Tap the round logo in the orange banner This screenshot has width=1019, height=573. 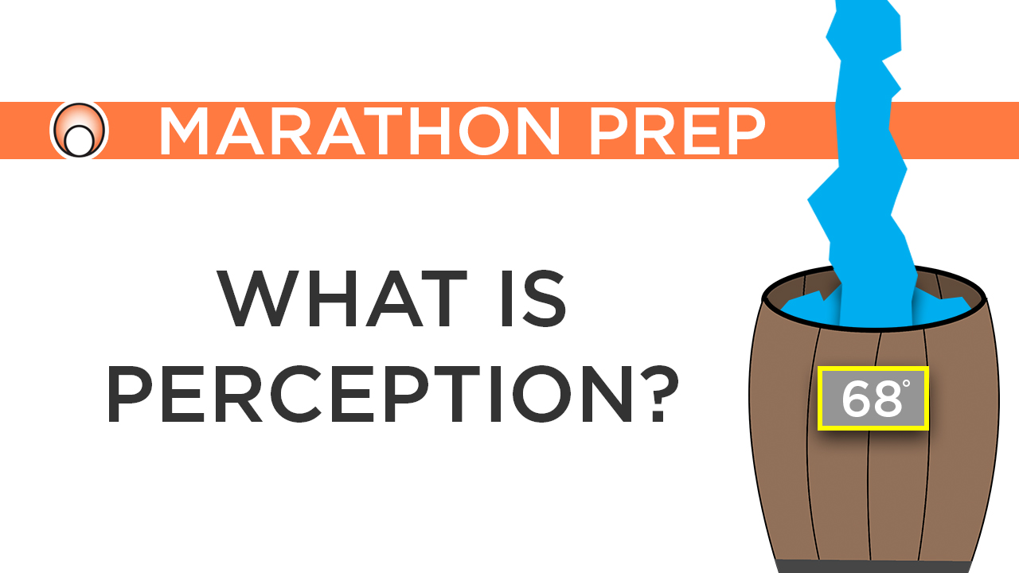click(79, 131)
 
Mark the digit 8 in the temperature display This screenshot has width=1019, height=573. click(884, 400)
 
